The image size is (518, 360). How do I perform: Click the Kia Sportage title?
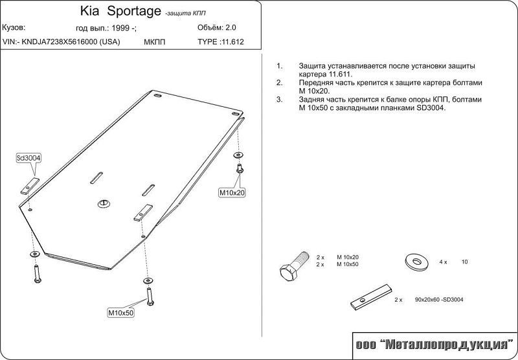click(x=120, y=11)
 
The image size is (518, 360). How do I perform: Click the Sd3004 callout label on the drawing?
click(x=28, y=158)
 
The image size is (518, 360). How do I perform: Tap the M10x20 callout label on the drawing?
click(x=232, y=192)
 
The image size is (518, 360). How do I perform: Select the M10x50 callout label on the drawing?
click(x=121, y=313)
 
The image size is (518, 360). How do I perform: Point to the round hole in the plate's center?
click(x=104, y=204)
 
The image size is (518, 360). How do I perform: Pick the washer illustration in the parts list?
click(x=416, y=262)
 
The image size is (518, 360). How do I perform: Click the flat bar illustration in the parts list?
click(x=371, y=297)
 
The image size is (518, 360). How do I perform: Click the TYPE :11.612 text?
click(x=221, y=42)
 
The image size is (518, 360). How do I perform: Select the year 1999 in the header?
click(x=120, y=28)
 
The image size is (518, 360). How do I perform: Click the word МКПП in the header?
click(x=154, y=42)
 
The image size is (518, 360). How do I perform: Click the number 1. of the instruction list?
click(x=280, y=66)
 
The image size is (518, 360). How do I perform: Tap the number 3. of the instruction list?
click(x=280, y=100)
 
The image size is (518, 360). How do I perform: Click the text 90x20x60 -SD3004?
click(x=439, y=300)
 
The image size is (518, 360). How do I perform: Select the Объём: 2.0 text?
click(x=217, y=28)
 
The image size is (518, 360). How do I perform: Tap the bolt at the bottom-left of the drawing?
click(x=37, y=274)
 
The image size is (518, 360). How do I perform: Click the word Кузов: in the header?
click(x=14, y=28)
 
